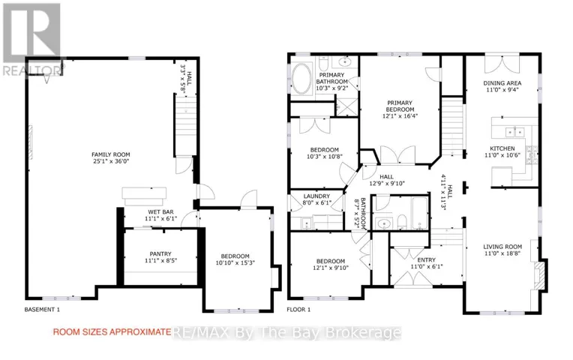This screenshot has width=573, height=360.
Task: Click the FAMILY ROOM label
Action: [111, 154]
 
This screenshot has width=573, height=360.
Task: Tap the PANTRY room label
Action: [160, 254]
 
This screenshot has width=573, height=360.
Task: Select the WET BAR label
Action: [160, 212]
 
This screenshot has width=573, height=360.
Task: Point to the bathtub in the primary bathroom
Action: [301, 79]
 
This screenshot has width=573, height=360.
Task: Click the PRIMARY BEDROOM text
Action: [400, 106]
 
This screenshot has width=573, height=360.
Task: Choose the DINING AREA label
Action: [502, 83]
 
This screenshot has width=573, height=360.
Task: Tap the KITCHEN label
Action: [502, 148]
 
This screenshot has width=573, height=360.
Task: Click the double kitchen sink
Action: [514, 131]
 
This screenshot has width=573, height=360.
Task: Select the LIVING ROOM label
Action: [502, 247]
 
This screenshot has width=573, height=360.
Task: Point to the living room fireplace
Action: [541, 275]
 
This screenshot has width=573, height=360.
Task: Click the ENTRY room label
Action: [427, 259]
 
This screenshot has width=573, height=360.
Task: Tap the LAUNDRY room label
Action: [316, 196]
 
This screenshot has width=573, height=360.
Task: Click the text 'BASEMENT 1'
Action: [42, 310]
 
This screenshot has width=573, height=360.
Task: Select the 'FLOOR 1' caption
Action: [298, 310]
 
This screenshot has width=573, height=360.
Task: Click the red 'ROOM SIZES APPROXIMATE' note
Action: [112, 331]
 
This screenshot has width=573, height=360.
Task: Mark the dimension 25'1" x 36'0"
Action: [111, 161]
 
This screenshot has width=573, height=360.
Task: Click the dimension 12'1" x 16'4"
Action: [400, 116]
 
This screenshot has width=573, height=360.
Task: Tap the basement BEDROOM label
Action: [235, 256]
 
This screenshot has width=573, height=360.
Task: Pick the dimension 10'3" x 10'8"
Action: [325, 157]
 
